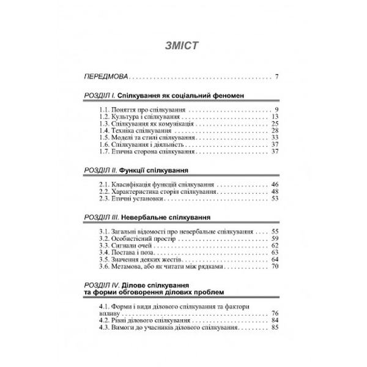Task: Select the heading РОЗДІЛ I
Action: (x=98, y=96)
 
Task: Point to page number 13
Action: (x=275, y=116)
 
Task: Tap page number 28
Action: (x=275, y=130)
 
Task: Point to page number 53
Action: (x=275, y=198)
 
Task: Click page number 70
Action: (x=275, y=267)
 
